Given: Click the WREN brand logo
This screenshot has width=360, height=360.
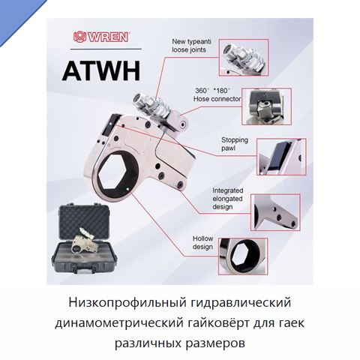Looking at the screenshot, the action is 101,37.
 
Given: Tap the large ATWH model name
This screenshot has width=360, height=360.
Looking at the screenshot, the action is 101,70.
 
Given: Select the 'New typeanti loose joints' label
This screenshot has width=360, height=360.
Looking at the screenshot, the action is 188,46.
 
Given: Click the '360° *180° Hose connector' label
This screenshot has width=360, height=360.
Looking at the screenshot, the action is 217,94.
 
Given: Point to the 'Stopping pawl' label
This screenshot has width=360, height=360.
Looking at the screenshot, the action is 235,144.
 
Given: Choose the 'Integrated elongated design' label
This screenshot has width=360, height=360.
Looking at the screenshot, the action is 227,199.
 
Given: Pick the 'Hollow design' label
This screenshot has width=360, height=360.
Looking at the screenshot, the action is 202,242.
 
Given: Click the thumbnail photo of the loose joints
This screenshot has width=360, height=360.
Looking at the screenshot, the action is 244,58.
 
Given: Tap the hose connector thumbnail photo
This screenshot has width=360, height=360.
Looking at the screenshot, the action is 266,106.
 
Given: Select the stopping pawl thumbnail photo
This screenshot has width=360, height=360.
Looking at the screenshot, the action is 281,157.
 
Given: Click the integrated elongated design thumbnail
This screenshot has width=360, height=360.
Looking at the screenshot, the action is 275,212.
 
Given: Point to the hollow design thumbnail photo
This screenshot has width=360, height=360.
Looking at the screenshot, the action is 243,256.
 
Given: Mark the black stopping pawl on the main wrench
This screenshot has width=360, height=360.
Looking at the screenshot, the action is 112,124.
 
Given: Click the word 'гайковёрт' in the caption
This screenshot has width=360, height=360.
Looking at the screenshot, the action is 218,323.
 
